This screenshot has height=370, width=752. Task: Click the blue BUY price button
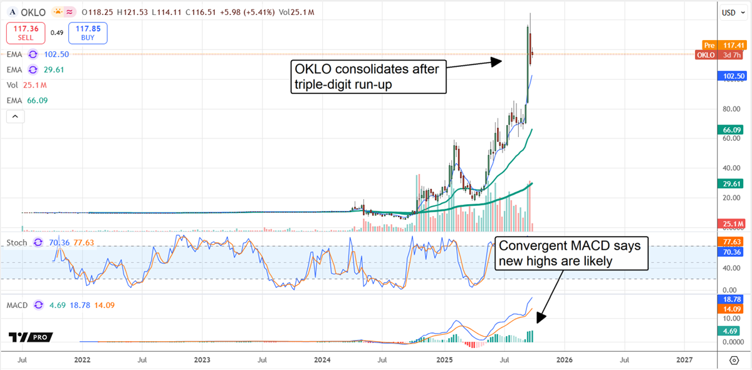88,33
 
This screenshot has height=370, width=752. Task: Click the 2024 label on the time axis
322,361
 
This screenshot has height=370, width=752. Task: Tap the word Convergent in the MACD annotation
526,246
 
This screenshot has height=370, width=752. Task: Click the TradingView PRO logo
30,337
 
